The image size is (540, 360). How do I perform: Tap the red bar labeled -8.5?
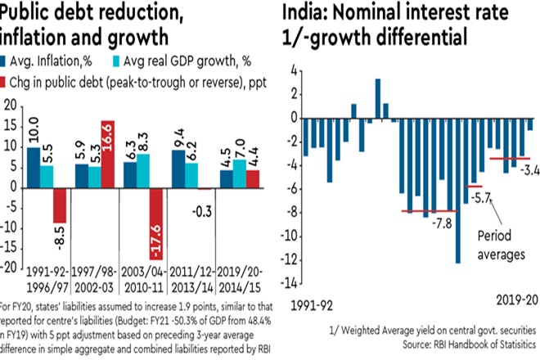point(59,205)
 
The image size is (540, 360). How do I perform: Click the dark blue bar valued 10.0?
point(33,167)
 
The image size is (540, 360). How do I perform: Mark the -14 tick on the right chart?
point(286,284)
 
